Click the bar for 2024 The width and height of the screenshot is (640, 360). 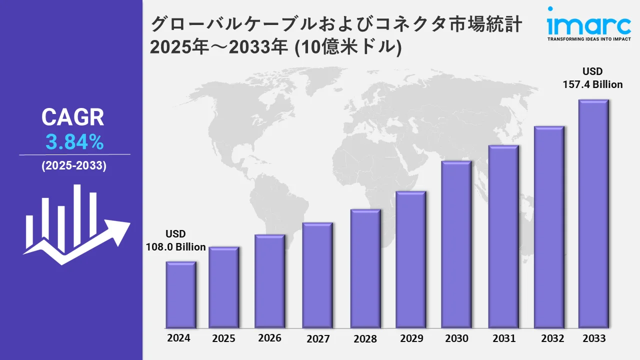(x=181, y=294)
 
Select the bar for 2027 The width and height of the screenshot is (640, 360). (x=317, y=275)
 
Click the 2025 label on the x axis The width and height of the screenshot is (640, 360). (x=223, y=338)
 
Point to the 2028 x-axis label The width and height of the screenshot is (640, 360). (x=365, y=338)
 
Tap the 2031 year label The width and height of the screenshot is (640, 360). (x=503, y=338)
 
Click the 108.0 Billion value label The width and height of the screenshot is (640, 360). (x=175, y=247)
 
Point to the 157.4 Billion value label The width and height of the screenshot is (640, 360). (x=593, y=84)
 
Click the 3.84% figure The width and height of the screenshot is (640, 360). (x=74, y=143)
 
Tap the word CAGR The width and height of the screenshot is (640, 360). (x=73, y=117)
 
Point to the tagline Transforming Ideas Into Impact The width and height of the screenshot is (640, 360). (x=588, y=38)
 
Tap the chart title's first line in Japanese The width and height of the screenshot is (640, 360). (x=336, y=24)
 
